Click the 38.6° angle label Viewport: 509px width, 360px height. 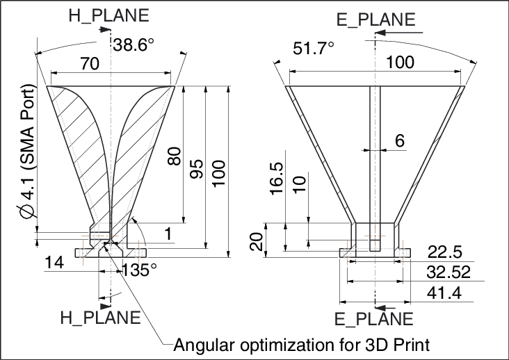pyautogui.click(x=134, y=46)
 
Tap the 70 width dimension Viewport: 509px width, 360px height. pyautogui.click(x=89, y=63)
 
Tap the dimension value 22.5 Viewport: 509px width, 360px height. pyautogui.click(x=445, y=252)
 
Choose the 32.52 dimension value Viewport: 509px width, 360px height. pyautogui.click(x=445, y=272)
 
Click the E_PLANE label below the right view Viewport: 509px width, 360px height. pyautogui.click(x=374, y=319)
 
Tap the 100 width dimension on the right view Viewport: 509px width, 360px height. pyautogui.click(x=400, y=62)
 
